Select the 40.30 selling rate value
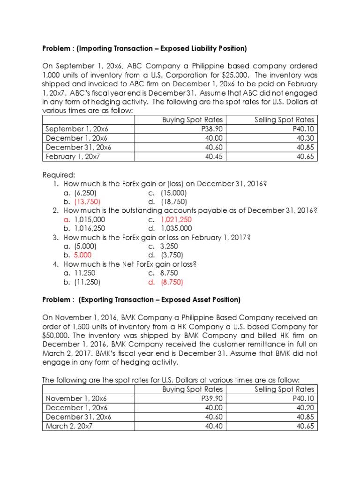[305, 138]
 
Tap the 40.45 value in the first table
[214, 157]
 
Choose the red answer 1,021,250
[176, 219]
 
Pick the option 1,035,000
[176, 228]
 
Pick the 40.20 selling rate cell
[305, 408]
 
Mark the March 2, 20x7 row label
[68, 426]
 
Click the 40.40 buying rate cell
[214, 426]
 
